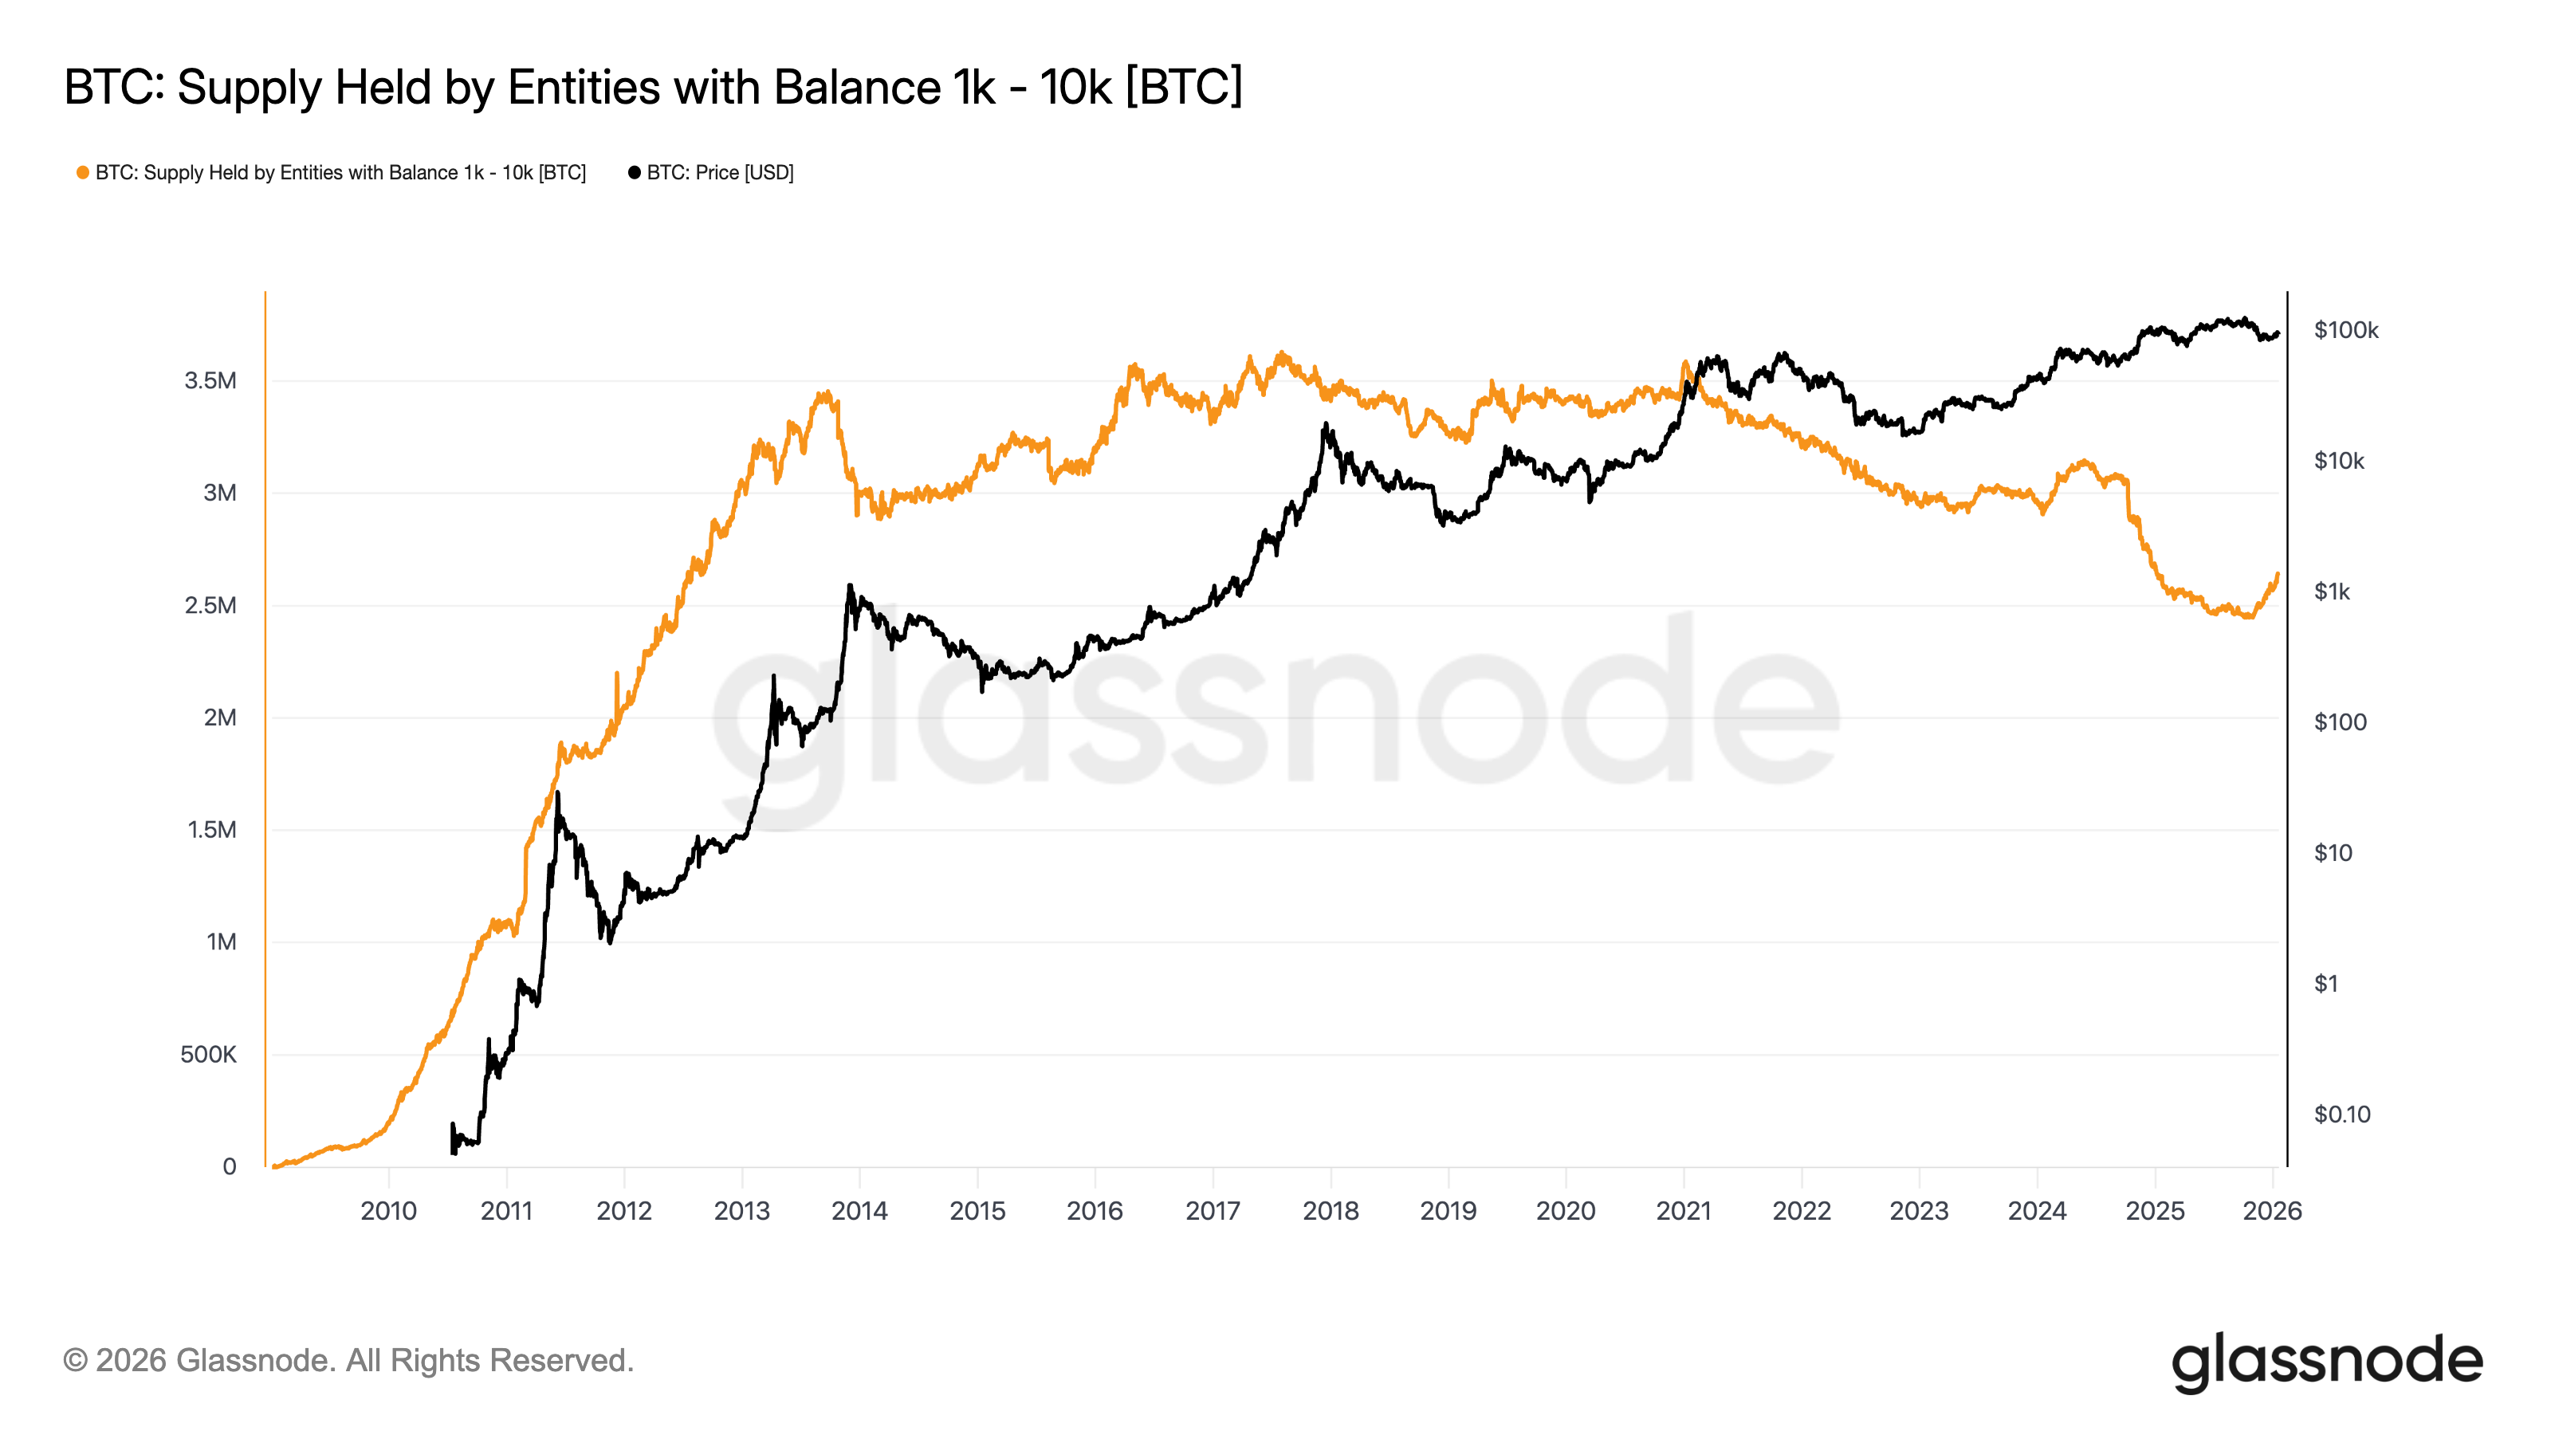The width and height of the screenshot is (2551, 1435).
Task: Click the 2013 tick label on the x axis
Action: (x=741, y=1210)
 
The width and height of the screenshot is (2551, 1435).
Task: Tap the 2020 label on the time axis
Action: (x=1566, y=1210)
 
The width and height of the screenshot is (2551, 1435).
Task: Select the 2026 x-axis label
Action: (x=2272, y=1210)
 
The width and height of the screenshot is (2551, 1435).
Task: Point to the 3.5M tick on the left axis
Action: (x=210, y=380)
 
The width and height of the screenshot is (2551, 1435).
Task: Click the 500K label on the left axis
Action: (x=208, y=1054)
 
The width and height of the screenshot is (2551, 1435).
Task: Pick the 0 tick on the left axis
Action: (x=229, y=1166)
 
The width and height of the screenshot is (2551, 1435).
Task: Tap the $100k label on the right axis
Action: (x=2345, y=330)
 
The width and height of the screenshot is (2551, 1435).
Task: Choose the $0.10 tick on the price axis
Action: (x=2341, y=1115)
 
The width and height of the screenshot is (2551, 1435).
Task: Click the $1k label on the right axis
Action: (x=2331, y=592)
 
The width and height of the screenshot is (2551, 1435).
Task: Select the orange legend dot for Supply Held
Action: (x=83, y=172)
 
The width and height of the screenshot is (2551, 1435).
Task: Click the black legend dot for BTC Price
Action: (x=635, y=172)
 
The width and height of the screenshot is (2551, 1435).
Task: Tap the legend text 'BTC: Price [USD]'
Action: (x=720, y=172)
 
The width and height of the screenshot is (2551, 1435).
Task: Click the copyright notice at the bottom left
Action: (x=348, y=1360)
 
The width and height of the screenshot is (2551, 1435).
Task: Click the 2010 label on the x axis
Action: (x=388, y=1210)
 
